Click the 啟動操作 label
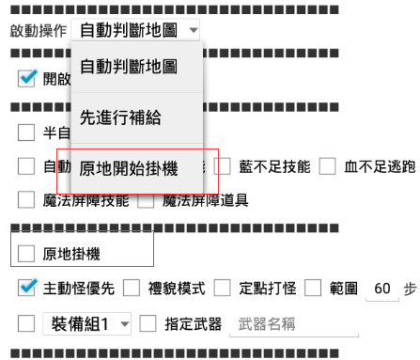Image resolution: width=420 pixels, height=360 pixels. pos(37,30)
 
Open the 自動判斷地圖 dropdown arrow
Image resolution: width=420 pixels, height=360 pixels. pos(193,30)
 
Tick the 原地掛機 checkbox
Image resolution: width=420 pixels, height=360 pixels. pos(26,253)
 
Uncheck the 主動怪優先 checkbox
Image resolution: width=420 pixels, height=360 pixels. pos(26,287)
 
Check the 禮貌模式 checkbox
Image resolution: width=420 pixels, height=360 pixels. pos(132,287)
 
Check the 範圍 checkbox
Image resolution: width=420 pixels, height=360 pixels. pos(313,287)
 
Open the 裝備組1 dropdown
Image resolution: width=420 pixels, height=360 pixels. pos(87,324)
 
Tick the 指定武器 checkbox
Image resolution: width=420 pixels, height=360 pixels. pos(148,324)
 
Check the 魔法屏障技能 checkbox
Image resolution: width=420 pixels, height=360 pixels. pos(26,199)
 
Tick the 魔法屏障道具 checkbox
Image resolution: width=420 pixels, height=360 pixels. pos(147,199)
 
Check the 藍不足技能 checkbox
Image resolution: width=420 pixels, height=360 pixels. pos(225,166)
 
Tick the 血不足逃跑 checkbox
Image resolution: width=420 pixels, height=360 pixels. pos(328,166)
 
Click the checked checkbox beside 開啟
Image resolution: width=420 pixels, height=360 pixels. pos(26,80)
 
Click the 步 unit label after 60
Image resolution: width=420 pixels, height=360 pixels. pos(411,288)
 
